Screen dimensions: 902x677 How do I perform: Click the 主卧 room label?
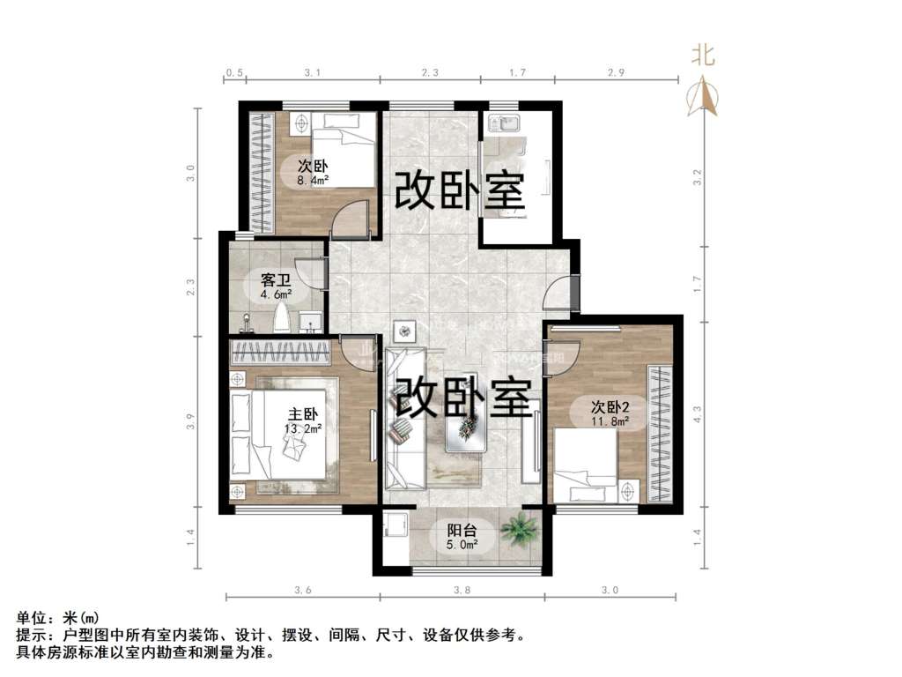(303, 414)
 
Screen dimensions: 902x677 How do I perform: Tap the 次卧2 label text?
(610, 407)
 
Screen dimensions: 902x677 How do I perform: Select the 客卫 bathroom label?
(276, 280)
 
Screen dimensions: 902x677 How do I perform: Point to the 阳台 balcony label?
(462, 530)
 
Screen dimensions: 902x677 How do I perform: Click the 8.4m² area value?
(313, 181)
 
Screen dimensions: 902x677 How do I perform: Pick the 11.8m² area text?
(610, 420)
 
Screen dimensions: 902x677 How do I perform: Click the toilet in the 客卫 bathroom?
(281, 317)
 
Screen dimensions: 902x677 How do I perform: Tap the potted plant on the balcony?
(520, 530)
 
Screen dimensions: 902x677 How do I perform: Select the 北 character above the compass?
(703, 56)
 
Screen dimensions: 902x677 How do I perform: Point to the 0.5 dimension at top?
(234, 72)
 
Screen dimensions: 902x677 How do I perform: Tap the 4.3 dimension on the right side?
(698, 414)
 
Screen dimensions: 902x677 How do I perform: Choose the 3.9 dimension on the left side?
(191, 421)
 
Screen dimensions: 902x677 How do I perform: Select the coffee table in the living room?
(467, 427)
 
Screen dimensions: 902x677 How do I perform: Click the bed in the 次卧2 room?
(585, 465)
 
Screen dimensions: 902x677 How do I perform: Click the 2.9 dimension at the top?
(616, 72)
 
